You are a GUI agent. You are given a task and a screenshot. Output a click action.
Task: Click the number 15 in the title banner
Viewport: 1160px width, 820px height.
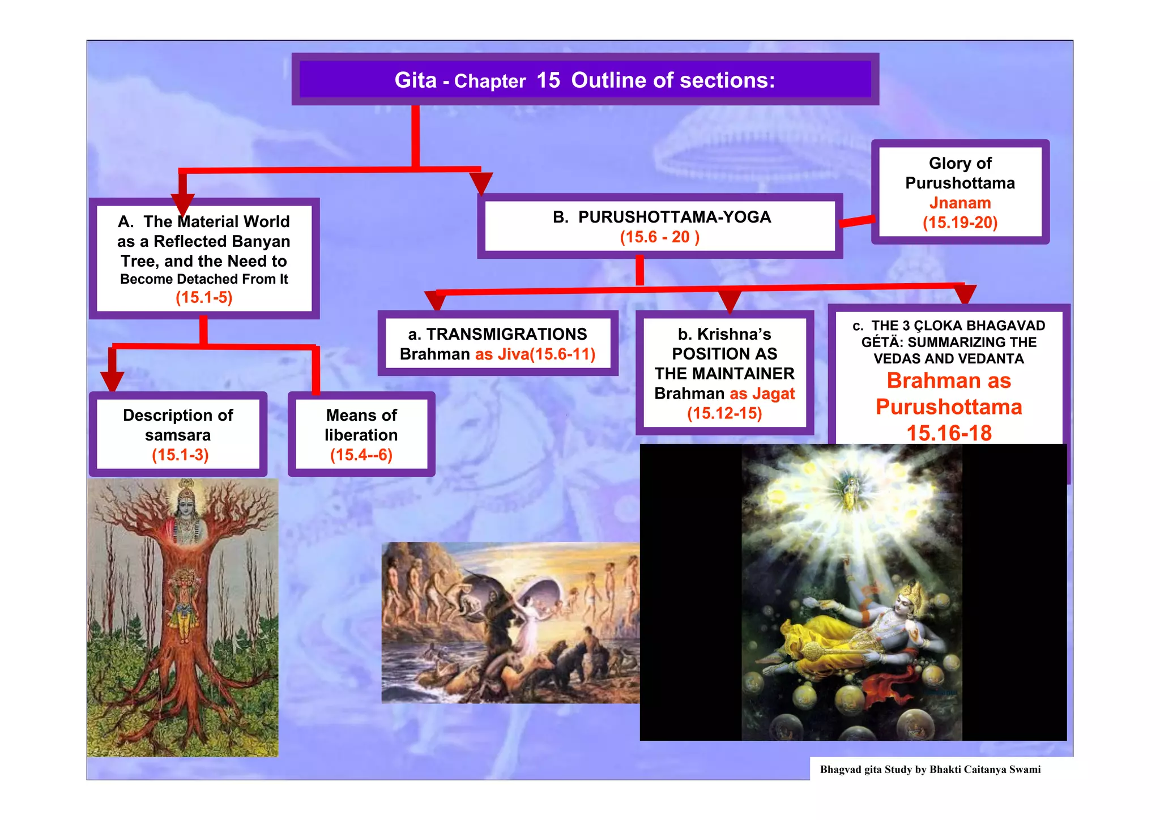click(548, 80)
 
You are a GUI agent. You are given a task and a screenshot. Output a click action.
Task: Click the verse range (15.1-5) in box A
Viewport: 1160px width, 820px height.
click(204, 297)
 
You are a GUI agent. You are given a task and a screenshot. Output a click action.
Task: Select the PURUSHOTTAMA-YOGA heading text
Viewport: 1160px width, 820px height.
click(674, 217)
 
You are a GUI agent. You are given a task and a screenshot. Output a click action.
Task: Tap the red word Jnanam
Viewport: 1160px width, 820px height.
click(960, 203)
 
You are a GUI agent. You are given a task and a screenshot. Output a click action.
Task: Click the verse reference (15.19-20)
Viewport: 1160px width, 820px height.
click(960, 223)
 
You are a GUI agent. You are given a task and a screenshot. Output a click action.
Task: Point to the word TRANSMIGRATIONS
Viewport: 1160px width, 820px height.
click(506, 334)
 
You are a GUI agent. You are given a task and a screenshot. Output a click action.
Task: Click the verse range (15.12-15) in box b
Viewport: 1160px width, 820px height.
click(724, 413)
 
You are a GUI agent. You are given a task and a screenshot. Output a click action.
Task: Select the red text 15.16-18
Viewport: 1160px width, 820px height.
click(949, 433)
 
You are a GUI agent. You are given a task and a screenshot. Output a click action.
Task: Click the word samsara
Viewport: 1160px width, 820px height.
click(178, 435)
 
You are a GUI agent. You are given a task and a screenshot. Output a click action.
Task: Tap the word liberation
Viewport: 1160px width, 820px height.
click(361, 435)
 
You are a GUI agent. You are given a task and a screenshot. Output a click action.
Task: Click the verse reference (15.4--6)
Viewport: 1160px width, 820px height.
click(361, 455)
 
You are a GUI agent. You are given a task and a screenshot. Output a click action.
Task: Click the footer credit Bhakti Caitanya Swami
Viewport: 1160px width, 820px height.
click(985, 769)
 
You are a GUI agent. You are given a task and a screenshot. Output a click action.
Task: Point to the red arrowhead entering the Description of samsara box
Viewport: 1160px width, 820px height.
click(112, 381)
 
